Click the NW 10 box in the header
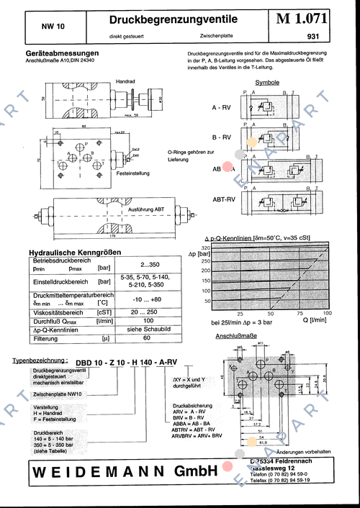tap(53, 25)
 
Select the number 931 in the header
tap(312, 35)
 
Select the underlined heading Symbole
tap(268, 83)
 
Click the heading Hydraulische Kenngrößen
tap(74, 253)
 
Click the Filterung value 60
tap(147, 337)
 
